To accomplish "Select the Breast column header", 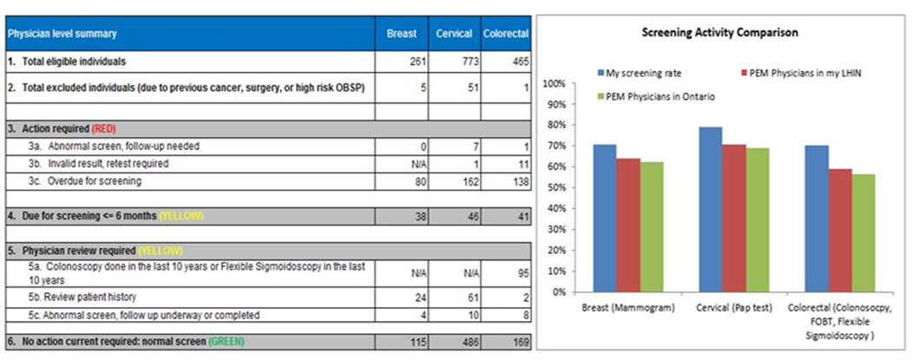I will click(403, 34).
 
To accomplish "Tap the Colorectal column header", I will click(502, 34).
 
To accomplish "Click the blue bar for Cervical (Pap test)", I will click(686, 209).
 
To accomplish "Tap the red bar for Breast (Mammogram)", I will click(629, 225).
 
